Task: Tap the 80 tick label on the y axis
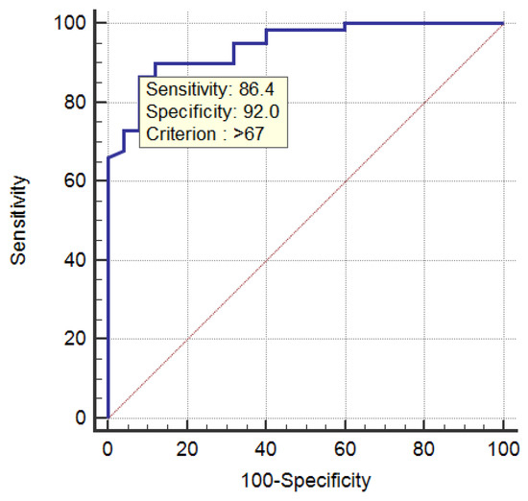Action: click(x=75, y=102)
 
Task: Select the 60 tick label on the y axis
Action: click(x=75, y=180)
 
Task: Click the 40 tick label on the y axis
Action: click(x=75, y=260)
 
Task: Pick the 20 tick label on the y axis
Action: click(x=75, y=339)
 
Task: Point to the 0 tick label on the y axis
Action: click(x=80, y=417)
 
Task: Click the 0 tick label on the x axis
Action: click(x=108, y=447)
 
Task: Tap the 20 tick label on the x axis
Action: click(x=187, y=447)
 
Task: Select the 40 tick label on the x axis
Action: click(x=266, y=447)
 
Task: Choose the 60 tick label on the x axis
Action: click(x=346, y=447)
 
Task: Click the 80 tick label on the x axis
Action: click(x=424, y=447)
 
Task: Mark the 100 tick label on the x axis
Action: click(x=503, y=447)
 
